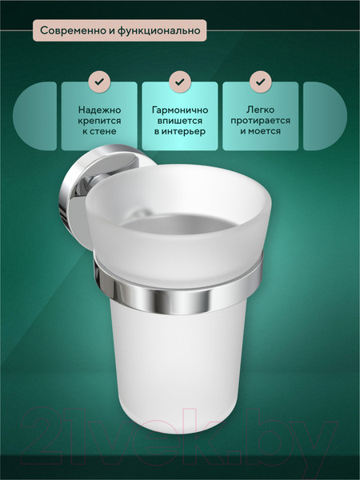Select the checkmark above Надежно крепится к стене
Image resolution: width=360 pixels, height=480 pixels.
(99, 82)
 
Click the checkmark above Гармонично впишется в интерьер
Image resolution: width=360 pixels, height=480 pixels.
(180, 82)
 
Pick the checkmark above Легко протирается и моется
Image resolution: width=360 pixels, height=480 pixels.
(261, 82)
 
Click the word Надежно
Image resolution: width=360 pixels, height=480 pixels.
(99, 110)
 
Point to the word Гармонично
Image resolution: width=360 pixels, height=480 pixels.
(180, 110)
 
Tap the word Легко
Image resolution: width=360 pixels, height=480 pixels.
(261, 110)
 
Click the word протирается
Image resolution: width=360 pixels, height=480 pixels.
(261, 121)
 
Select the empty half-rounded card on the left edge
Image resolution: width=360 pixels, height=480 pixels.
(35, 116)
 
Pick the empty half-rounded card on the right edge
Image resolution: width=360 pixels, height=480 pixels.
(325, 116)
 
